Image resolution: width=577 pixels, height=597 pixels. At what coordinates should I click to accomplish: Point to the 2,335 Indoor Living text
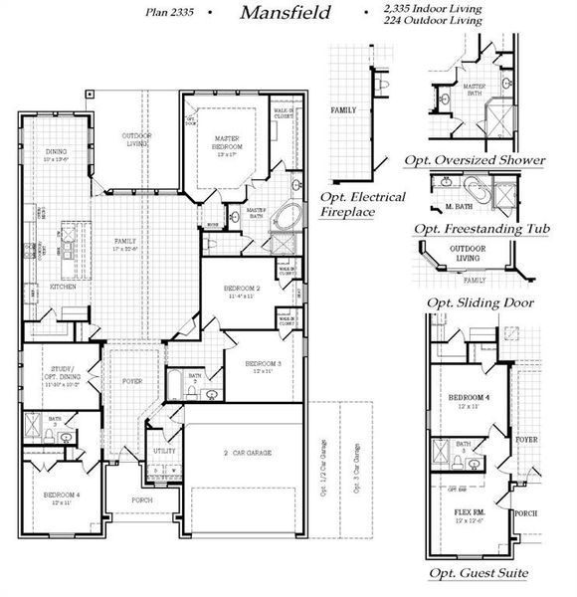[433, 9]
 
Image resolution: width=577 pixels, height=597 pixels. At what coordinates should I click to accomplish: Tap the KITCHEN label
[63, 287]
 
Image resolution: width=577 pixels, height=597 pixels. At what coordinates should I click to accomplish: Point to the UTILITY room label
[163, 451]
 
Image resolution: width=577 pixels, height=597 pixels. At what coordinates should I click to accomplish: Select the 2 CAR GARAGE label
[246, 451]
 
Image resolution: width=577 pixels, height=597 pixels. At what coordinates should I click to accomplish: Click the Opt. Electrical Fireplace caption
[362, 204]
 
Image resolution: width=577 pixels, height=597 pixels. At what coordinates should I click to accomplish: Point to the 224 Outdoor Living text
[434, 20]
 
